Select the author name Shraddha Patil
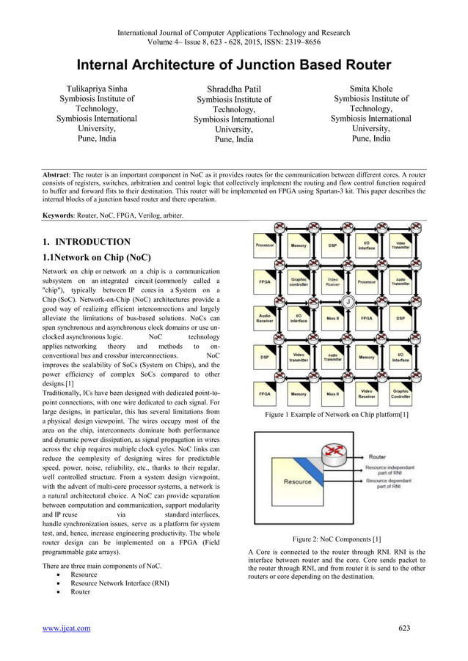[233, 89]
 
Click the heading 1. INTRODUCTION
[87, 242]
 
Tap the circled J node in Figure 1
[348, 302]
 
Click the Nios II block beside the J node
[332, 319]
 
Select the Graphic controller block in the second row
[299, 281]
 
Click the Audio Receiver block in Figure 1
[265, 319]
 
